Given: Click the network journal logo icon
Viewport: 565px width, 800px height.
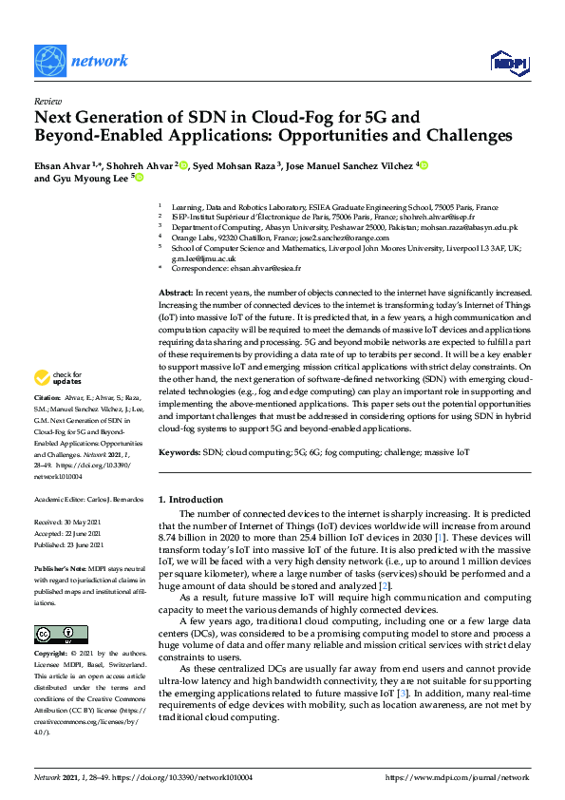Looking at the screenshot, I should [x=49, y=61].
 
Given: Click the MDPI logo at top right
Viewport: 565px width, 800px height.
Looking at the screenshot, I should [x=509, y=63].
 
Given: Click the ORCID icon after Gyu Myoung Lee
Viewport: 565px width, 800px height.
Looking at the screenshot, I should [x=139, y=178].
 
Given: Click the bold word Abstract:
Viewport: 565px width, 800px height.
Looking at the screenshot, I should [x=176, y=294].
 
